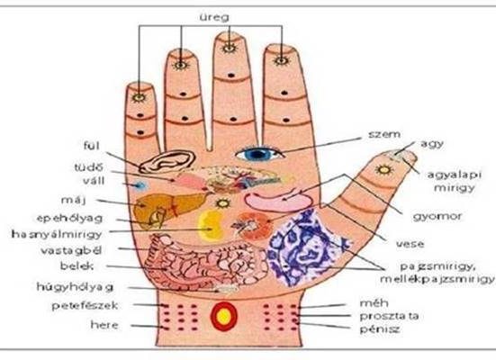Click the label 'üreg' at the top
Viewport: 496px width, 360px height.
(214, 17)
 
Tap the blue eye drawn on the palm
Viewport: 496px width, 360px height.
(258, 154)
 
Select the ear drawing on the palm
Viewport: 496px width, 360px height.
(167, 161)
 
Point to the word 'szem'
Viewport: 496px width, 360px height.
(384, 134)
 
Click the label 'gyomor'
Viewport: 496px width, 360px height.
(437, 217)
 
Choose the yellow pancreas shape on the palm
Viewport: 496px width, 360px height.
(211, 225)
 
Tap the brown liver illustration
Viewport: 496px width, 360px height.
(167, 209)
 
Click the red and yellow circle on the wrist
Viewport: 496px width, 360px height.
(224, 316)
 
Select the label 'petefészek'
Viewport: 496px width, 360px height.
(85, 306)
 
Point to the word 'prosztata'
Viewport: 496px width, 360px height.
(389, 316)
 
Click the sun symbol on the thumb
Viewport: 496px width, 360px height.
(384, 169)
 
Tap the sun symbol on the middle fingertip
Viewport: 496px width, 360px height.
(229, 48)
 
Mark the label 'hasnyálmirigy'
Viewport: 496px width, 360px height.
(57, 234)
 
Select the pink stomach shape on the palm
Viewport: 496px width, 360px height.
(278, 202)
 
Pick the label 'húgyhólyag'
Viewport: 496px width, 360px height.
(75, 287)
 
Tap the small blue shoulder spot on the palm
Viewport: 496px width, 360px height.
(139, 185)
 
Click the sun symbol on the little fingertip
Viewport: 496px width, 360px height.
(139, 97)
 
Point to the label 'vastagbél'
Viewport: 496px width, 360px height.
(71, 251)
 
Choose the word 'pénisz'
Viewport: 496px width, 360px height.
(380, 329)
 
